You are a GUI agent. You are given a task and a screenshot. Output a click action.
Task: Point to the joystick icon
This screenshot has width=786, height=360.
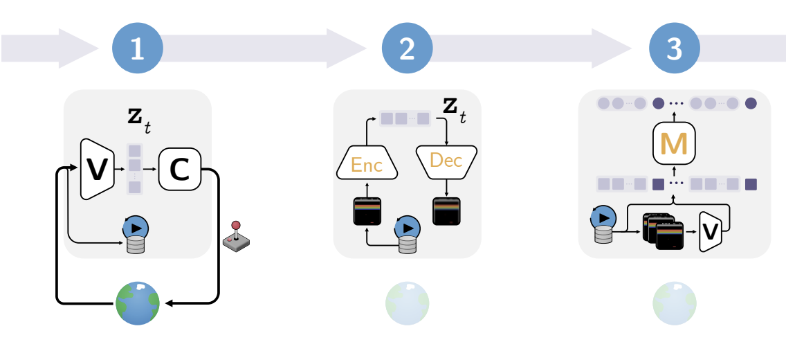coord(236,236)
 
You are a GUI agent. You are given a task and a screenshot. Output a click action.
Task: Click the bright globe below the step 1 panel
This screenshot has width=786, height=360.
coord(137,303)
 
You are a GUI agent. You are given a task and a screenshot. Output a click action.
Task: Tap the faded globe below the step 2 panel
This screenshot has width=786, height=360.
coord(407,303)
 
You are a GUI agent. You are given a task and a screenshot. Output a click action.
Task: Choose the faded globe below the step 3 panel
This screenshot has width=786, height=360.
coord(675,303)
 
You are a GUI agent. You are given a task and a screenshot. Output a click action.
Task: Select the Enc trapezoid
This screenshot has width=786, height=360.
coord(367,164)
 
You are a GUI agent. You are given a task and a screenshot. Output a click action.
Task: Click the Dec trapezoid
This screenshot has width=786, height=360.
coord(446,161)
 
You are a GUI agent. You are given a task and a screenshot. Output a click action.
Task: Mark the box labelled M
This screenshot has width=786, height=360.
coord(674,144)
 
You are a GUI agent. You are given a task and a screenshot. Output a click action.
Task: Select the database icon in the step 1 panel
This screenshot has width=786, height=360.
coord(135,236)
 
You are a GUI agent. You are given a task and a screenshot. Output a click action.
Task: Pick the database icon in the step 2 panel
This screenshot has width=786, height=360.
coord(407,236)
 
